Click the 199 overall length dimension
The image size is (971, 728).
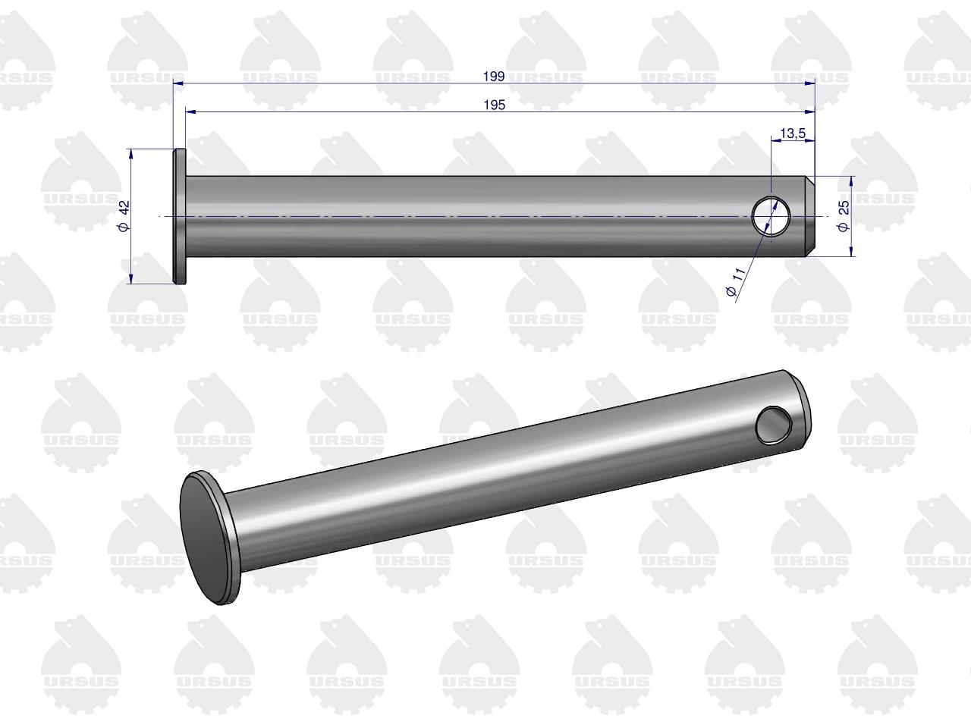(x=494, y=77)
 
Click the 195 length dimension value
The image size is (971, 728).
(x=494, y=105)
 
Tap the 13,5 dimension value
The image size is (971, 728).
(x=793, y=133)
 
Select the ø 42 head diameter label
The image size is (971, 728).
(x=124, y=215)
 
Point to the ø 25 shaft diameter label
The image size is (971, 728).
(x=843, y=215)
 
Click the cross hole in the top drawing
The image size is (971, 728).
(x=771, y=216)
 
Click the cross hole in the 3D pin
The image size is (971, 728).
(x=774, y=425)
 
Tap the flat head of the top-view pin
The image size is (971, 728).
(x=180, y=216)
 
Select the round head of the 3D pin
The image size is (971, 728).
(x=209, y=538)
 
